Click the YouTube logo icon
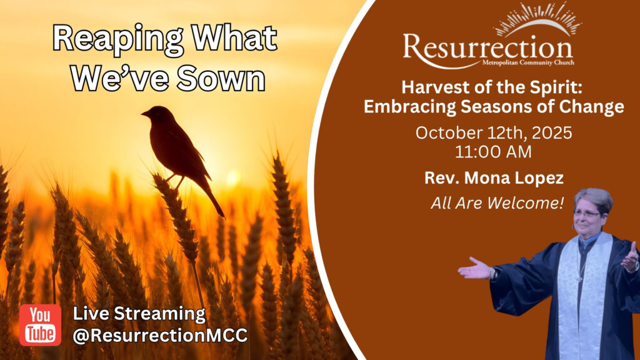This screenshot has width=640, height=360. click(40, 325)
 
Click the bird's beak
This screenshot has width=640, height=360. click(145, 114)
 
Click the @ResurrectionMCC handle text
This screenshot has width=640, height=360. click(160, 336)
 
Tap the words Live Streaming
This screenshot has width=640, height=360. click(139, 314)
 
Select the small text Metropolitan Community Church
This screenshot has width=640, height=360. click(528, 63)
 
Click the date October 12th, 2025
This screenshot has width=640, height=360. click(494, 133)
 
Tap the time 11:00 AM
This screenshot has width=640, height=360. click(494, 152)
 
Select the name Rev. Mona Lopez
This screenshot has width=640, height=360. click(494, 178)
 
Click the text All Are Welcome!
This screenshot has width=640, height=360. click(497, 203)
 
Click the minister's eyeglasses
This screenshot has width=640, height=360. click(587, 214)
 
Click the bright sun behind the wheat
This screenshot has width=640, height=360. click(232, 177)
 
